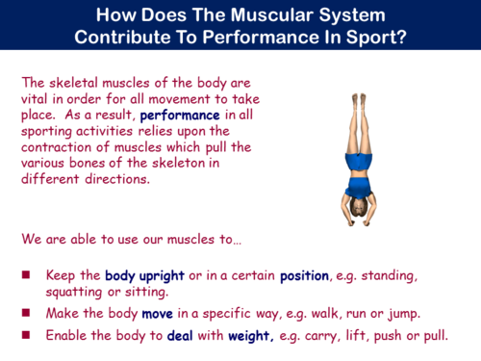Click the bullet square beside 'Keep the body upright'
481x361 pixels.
26,275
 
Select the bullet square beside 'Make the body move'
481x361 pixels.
26,314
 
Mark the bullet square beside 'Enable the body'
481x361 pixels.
26,336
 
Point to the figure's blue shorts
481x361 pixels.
361,160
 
